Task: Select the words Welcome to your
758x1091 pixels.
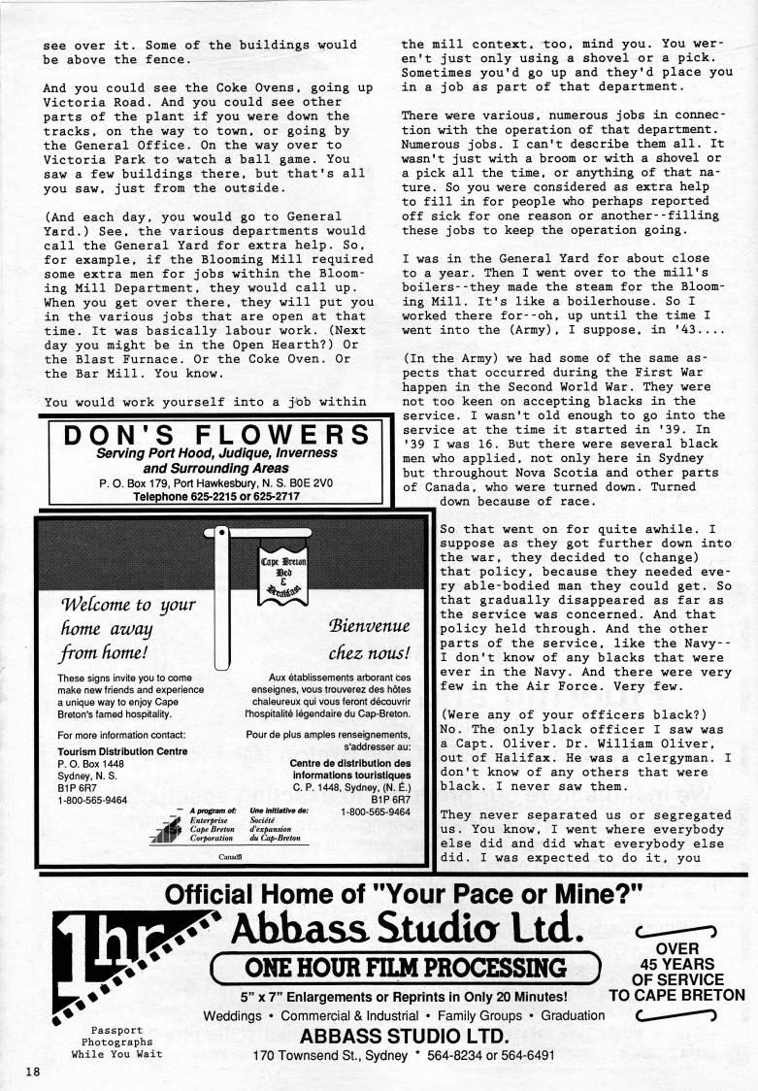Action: (127, 607)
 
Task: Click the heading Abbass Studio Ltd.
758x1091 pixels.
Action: (407, 930)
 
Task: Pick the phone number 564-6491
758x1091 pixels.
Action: (522, 1056)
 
